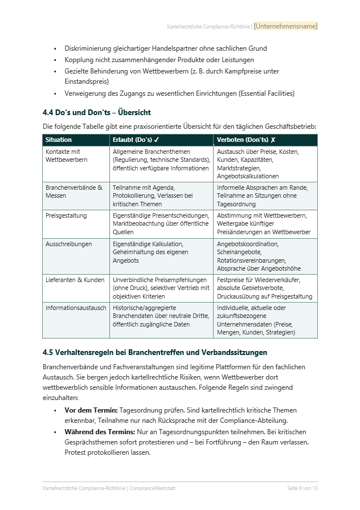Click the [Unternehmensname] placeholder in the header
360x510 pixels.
[285, 26]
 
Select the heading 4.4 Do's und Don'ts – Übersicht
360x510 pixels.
[97, 112]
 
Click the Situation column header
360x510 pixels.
[59, 140]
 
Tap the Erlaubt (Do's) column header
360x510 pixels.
[136, 140]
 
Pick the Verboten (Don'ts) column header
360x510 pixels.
[246, 140]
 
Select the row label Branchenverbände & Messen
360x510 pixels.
[73, 191]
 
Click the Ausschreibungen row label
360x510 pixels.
[68, 244]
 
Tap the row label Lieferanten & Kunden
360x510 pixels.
[75, 280]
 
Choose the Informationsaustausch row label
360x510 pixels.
[76, 308]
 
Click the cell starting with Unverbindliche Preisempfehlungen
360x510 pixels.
[161, 288]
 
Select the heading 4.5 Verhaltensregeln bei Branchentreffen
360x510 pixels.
[155, 353]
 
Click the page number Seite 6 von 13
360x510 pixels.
[302, 488]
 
